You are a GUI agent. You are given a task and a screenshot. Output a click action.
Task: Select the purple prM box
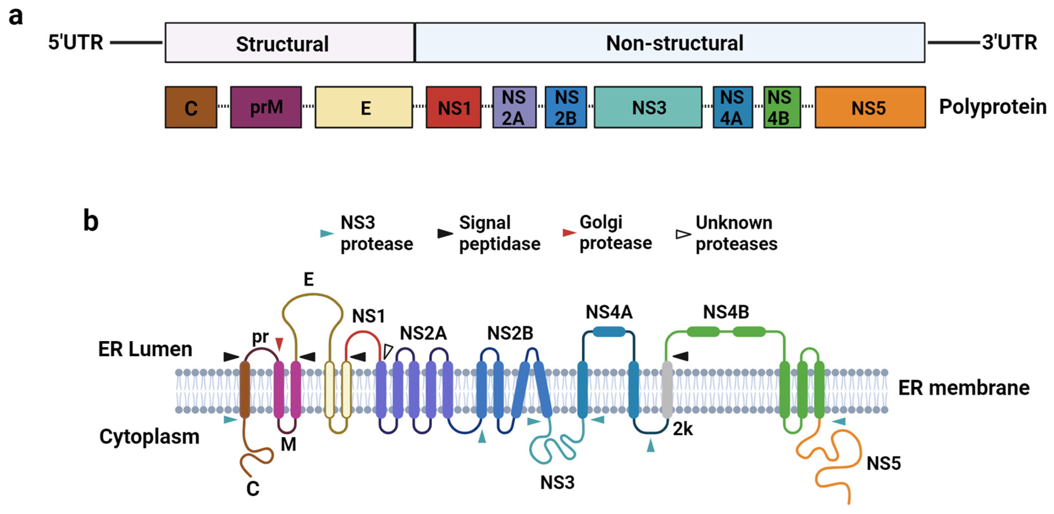coord(265,107)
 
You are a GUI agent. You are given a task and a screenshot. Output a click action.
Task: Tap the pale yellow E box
coord(363,107)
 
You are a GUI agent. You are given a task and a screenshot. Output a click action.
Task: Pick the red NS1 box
coord(453,107)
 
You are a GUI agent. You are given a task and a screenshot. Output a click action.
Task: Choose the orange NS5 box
coord(870,107)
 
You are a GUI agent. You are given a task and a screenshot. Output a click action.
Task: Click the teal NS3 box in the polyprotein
coord(648,107)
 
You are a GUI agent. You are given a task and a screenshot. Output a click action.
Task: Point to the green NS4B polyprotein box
coord(782,107)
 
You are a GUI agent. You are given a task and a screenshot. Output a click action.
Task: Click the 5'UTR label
coord(76,42)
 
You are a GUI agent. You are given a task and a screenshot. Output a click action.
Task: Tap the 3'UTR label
coord(1009,42)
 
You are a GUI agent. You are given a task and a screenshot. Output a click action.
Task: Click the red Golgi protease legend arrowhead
coord(569,233)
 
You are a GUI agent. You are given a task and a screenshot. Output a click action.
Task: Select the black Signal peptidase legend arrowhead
coord(445,233)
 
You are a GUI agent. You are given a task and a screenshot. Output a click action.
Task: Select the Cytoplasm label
coord(149,436)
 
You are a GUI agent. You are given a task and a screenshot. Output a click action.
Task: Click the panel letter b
coord(91,221)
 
